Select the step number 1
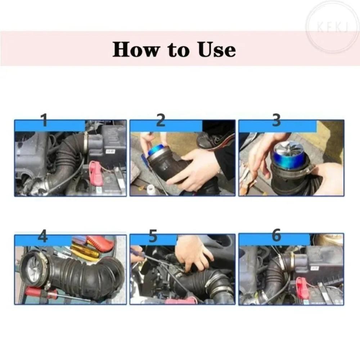(x=44, y=121)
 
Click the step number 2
(x=161, y=121)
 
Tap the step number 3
(x=276, y=121)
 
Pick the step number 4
(x=42, y=237)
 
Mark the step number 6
(x=276, y=235)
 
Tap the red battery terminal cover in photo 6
(x=302, y=286)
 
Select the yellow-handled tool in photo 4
(x=85, y=252)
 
